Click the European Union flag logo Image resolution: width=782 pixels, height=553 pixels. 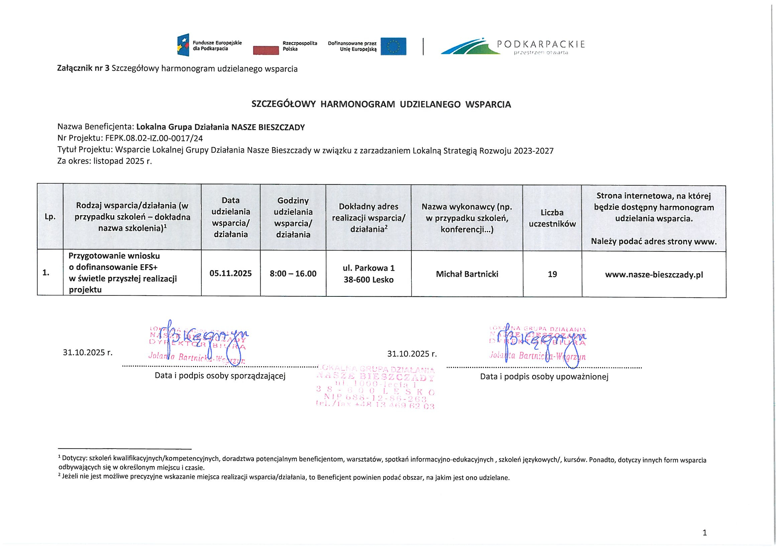[393, 47]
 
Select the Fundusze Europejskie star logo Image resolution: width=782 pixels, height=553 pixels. [183, 45]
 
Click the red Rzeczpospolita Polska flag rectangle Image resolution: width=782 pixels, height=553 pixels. [266, 51]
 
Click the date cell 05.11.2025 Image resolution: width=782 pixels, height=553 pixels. [230, 274]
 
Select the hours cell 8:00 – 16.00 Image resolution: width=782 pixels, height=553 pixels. [293, 274]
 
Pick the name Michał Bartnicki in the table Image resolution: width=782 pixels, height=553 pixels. [467, 274]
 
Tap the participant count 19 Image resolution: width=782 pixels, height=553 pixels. [552, 274]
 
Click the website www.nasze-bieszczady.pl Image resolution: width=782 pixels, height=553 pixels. [654, 275]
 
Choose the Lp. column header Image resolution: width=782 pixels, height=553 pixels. [50, 217]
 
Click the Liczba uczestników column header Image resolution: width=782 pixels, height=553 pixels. [552, 218]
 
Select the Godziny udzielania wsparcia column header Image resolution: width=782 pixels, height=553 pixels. [293, 217]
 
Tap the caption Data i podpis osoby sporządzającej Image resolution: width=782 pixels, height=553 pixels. [220, 376]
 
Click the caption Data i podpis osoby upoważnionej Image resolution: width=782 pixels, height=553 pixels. [544, 376]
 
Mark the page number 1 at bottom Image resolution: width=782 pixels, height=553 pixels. [705, 533]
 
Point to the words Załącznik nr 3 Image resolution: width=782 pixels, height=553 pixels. [83, 69]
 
